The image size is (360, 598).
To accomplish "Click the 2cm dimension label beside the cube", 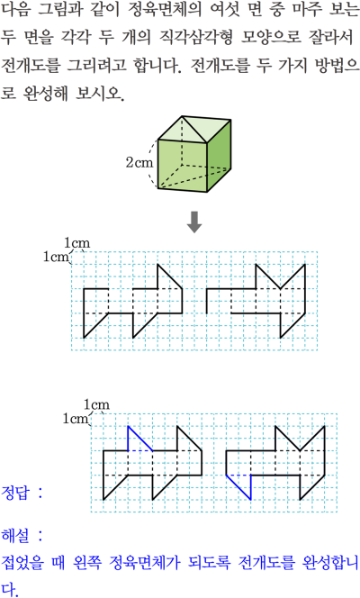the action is click(139, 162).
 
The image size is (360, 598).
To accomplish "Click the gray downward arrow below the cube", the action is click(194, 222).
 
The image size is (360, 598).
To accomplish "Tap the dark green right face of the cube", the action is click(219, 157).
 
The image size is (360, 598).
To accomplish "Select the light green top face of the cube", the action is click(194, 130).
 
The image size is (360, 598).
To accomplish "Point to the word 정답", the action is click(15, 493).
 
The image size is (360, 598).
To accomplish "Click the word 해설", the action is click(15, 536).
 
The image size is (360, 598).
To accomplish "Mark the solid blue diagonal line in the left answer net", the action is click(140, 439).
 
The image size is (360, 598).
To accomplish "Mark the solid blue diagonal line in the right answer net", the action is click(238, 487).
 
